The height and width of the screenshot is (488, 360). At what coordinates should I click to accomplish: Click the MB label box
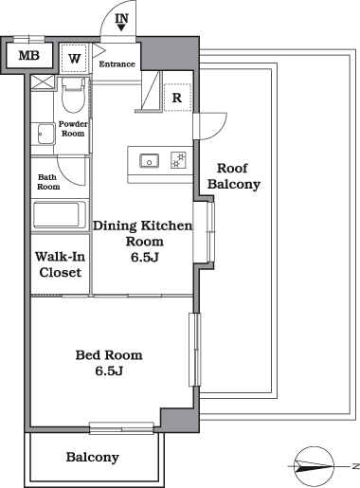click(x=29, y=56)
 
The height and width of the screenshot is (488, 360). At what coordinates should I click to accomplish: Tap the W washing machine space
click(x=75, y=59)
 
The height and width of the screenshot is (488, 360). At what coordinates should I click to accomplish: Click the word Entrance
click(x=117, y=64)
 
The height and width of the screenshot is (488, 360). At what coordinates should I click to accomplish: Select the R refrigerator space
click(x=177, y=98)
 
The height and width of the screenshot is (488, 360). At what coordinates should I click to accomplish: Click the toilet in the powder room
click(x=73, y=95)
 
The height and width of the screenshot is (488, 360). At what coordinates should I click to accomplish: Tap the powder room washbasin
click(x=42, y=134)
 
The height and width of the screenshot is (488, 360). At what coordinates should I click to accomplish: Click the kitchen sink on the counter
click(x=149, y=161)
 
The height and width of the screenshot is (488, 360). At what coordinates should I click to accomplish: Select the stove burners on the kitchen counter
click(x=179, y=160)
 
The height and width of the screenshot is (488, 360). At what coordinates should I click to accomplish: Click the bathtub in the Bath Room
click(x=59, y=216)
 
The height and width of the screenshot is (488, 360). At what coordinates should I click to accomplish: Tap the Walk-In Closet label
click(x=60, y=264)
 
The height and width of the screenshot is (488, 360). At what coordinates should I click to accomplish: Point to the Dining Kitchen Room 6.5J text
click(x=143, y=242)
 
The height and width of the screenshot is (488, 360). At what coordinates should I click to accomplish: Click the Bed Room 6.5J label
click(x=109, y=363)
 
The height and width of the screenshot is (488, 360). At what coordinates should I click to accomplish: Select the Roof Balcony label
click(x=234, y=176)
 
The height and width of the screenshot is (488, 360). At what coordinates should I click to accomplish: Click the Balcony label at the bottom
click(x=93, y=457)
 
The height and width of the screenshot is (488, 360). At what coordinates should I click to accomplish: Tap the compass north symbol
click(x=315, y=466)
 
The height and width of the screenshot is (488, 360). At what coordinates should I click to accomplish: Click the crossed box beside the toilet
click(x=43, y=82)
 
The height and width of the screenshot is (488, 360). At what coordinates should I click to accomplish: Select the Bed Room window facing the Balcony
click(x=121, y=428)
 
